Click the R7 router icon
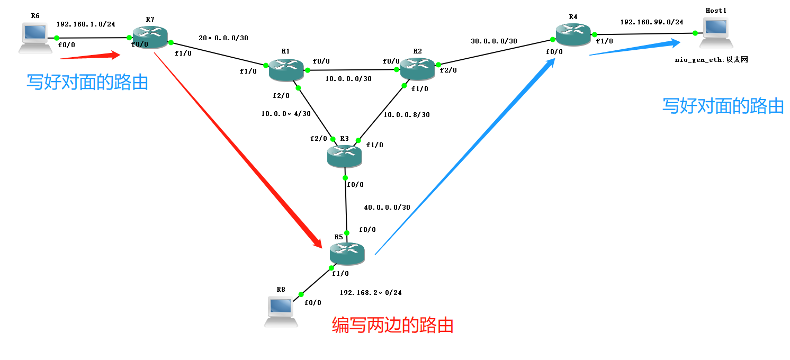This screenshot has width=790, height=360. tap(150, 38)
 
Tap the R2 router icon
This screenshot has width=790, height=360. tap(417, 69)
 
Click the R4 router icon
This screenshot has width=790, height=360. tap(573, 35)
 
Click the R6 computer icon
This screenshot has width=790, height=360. tap(35, 38)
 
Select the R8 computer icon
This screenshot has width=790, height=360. tap(281, 312)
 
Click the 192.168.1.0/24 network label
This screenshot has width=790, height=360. tap(86, 24)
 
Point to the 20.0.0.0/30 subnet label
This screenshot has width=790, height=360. tap(223, 38)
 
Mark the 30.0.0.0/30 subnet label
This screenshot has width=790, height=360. tap(493, 41)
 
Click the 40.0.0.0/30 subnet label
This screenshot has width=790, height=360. tap(387, 207)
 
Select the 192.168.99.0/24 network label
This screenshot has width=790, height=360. tap(651, 22)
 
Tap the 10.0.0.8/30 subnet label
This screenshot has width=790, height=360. tap(407, 114)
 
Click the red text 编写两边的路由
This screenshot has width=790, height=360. tap(392, 325)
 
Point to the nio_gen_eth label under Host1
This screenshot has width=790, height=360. tap(711, 60)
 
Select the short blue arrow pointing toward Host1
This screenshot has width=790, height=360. tap(635, 47)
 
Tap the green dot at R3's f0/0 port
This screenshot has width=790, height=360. tap(345, 177)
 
